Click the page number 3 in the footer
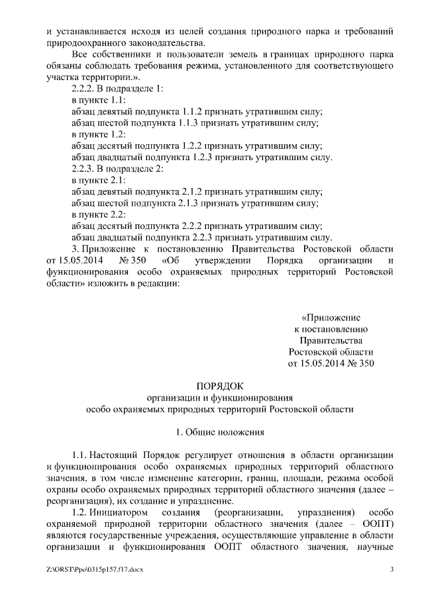coord(392,569)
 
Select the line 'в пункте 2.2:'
coord(98,214)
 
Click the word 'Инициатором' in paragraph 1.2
coord(125,512)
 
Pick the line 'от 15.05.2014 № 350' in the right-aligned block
coord(331,363)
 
